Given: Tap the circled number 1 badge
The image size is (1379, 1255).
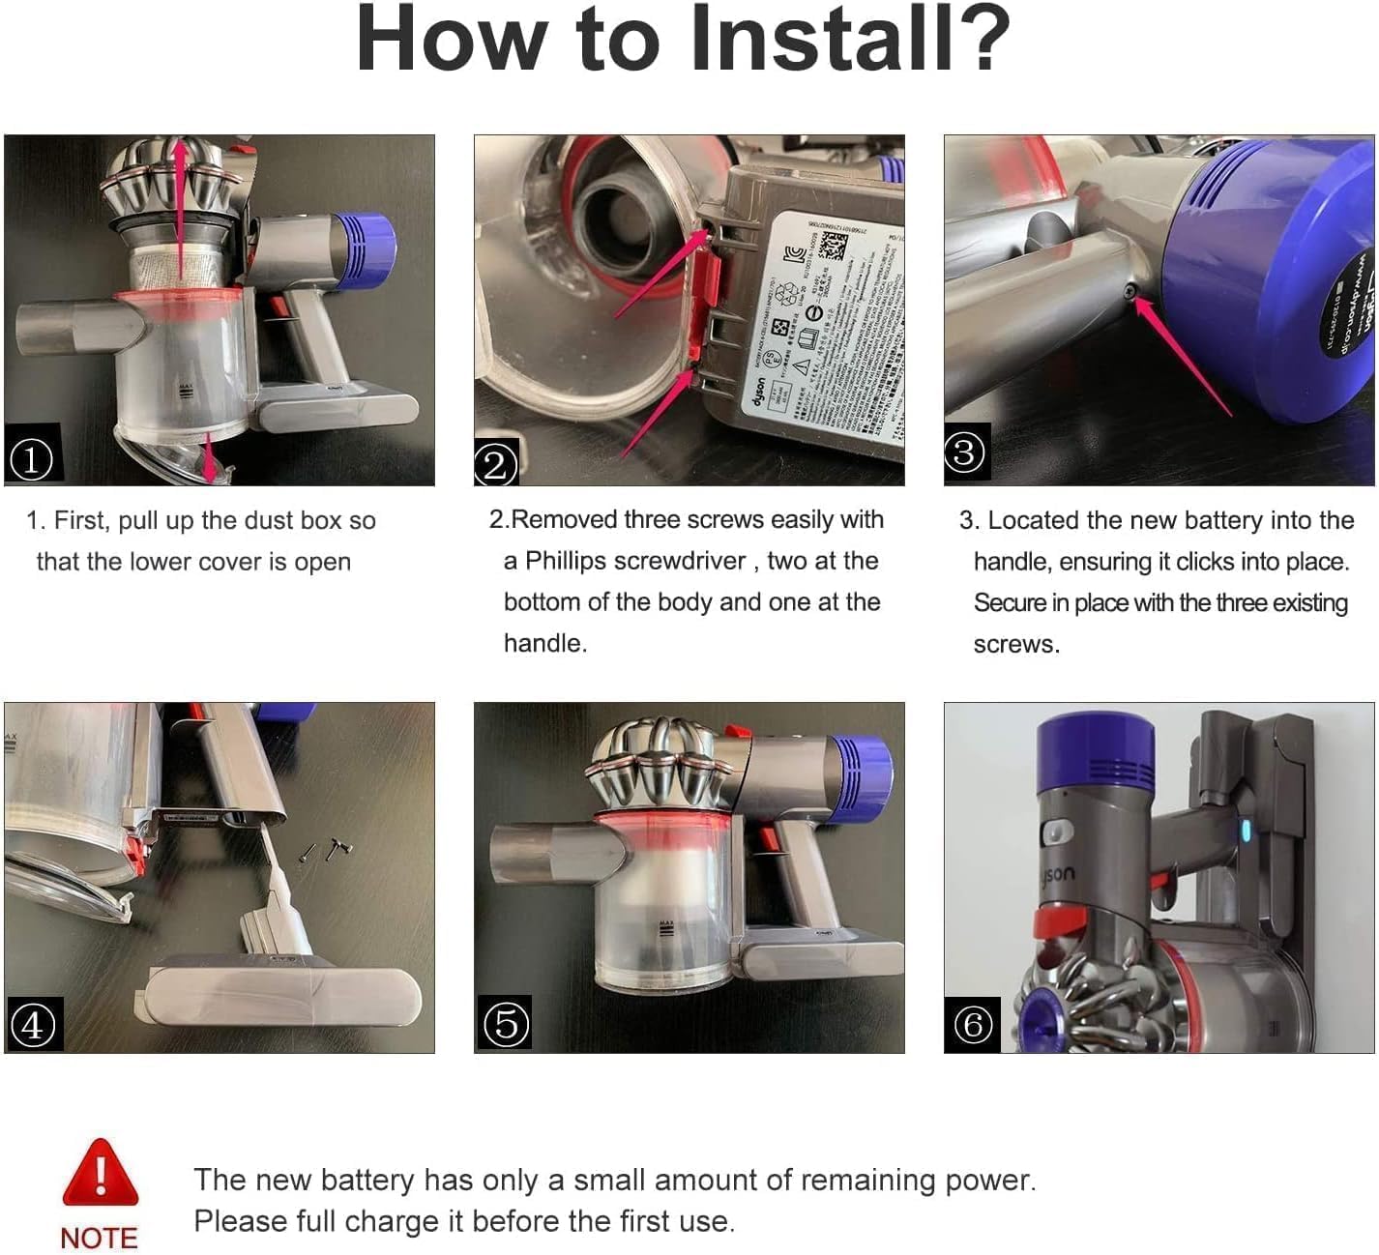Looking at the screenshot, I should tap(31, 459).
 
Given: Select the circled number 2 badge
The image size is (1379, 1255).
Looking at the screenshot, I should tap(495, 465).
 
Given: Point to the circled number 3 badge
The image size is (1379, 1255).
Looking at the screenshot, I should tap(964, 452).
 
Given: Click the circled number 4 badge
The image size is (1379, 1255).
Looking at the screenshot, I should tap(32, 1025).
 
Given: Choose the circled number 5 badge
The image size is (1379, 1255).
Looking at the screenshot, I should tap(506, 1023).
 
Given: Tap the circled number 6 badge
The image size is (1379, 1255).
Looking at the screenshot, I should tap(973, 1024).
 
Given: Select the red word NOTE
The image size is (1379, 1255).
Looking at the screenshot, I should tap(99, 1239).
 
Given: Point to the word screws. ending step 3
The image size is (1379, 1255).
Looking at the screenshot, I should tap(1016, 644).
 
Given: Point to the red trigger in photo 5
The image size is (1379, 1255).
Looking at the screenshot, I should tap(770, 837).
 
